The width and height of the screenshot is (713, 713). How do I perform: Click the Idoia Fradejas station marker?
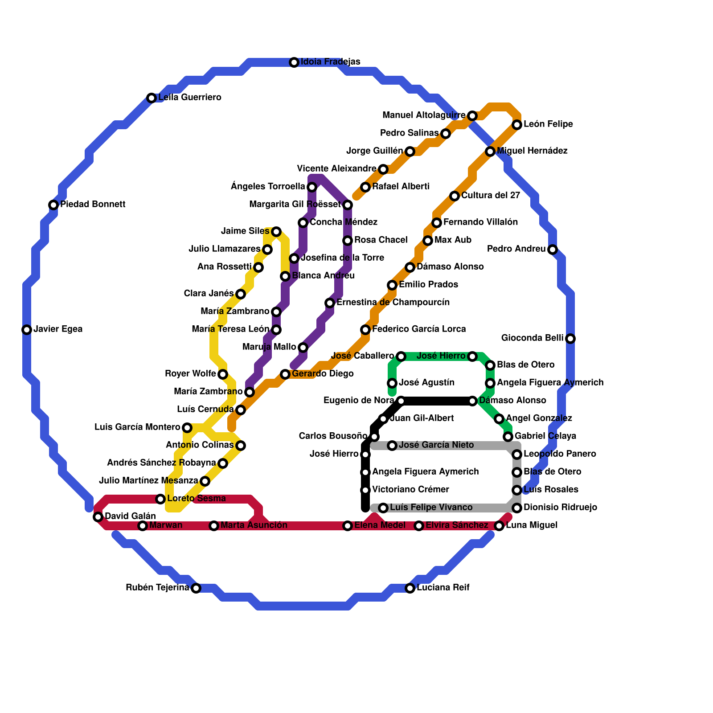click(294, 62)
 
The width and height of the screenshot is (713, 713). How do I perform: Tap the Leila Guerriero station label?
click(190, 98)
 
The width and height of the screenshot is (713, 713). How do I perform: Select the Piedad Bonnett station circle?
click(53, 205)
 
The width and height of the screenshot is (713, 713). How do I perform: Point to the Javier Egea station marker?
click(27, 330)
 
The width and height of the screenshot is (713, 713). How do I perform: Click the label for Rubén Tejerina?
click(157, 588)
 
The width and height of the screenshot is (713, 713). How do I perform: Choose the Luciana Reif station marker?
click(410, 588)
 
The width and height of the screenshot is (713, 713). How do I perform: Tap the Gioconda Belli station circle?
click(570, 339)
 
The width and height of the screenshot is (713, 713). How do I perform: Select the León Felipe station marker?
click(517, 125)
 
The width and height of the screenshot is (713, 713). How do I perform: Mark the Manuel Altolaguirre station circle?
click(472, 116)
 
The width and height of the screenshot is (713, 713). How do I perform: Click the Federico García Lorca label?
click(419, 329)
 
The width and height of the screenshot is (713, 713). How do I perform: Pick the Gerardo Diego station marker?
click(285, 374)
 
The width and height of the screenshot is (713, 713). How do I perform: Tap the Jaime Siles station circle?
click(276, 232)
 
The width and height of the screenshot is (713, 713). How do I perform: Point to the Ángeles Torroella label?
click(268, 187)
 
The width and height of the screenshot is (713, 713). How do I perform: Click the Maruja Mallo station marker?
click(303, 348)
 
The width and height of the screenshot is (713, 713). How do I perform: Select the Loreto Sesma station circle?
click(160, 499)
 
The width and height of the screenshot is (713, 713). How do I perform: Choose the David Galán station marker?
click(98, 517)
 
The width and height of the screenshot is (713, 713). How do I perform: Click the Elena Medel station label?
click(380, 525)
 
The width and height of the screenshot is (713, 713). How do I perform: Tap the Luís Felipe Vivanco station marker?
click(383, 508)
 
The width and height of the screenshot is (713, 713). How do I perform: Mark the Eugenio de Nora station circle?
click(401, 401)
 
